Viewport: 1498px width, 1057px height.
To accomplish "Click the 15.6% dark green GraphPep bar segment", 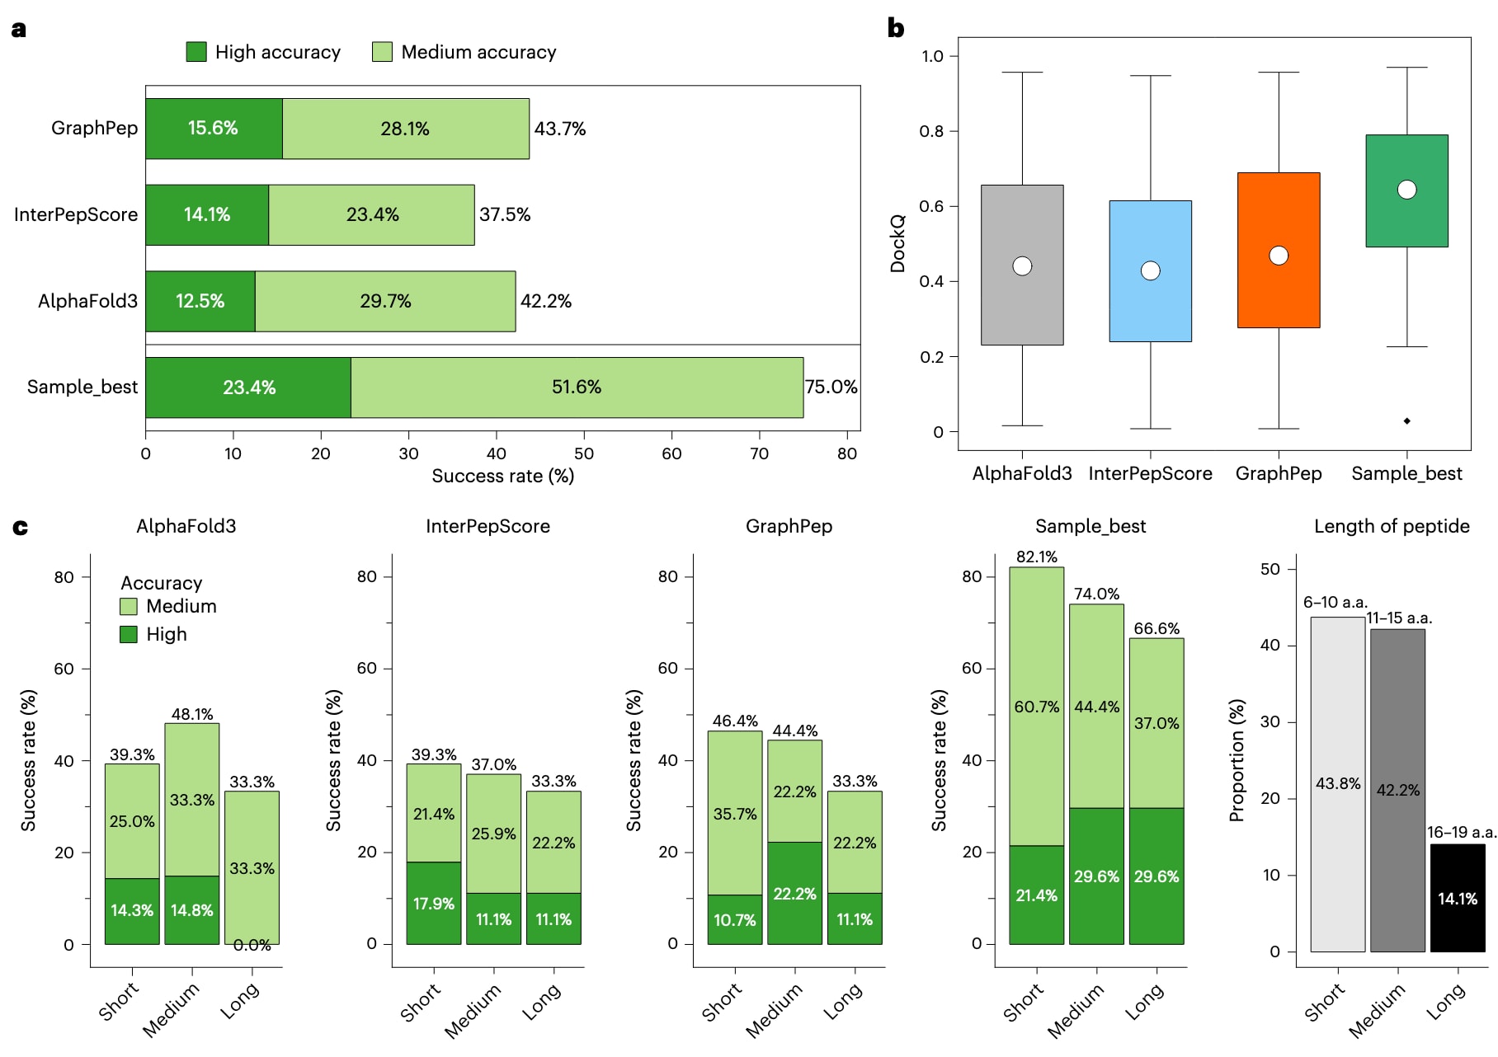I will click(214, 129).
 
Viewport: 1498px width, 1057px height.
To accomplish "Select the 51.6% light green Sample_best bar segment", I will click(577, 388).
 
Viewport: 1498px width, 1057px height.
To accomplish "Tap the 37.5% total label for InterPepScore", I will click(505, 215).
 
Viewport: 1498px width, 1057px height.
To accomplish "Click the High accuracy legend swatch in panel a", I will click(196, 52).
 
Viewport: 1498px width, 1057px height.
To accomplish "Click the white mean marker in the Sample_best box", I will click(1406, 190).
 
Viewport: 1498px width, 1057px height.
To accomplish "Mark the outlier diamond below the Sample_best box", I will click(1406, 421).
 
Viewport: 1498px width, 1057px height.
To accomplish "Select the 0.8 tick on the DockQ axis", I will click(932, 131).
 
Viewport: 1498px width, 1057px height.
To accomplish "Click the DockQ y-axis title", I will click(897, 243).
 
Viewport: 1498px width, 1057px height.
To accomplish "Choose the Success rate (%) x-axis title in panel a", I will click(502, 477).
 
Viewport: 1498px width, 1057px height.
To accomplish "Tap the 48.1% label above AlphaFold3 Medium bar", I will click(192, 714).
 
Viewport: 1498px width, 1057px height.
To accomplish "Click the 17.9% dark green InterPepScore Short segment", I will click(433, 904).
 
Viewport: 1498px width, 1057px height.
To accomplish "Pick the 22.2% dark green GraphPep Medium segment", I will click(794, 894).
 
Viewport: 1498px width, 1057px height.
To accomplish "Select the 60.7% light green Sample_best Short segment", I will click(1036, 707).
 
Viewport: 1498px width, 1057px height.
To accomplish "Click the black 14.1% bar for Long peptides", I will click(1457, 898).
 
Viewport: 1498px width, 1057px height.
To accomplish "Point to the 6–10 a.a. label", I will click(1335, 603).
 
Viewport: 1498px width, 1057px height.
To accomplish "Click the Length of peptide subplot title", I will click(1391, 527).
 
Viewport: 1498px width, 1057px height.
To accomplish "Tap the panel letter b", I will click(896, 29).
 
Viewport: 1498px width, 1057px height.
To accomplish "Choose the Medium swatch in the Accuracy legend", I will click(129, 607).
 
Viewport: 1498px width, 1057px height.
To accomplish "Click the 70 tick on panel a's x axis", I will click(759, 453).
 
